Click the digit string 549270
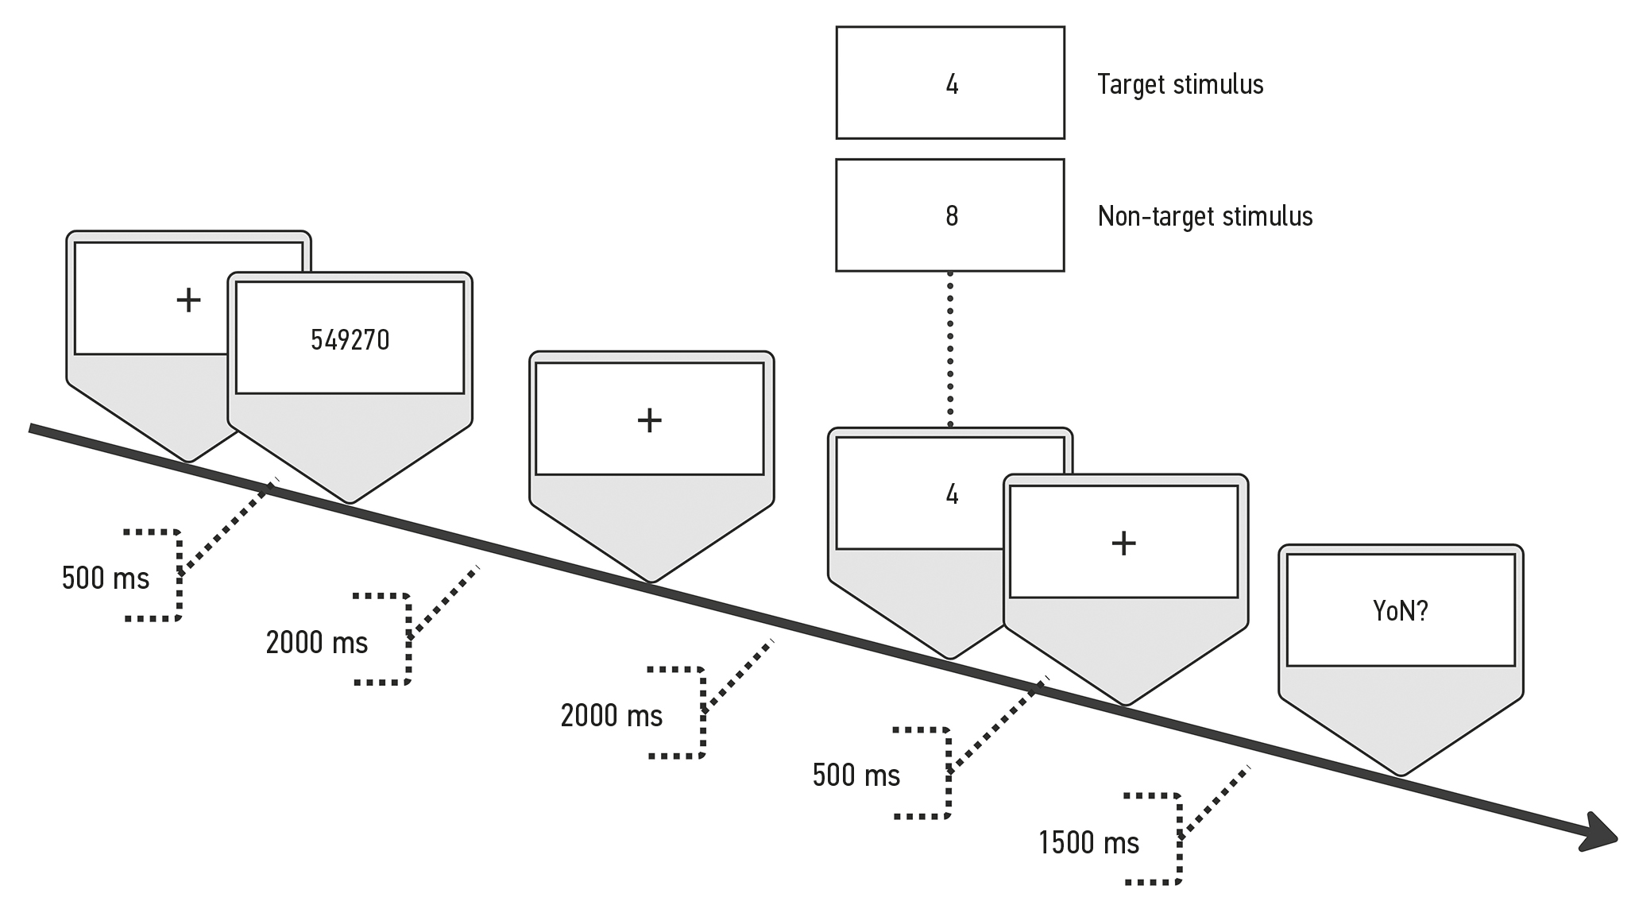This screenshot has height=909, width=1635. coord(350,340)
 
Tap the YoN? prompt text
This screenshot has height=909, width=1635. coord(1400,610)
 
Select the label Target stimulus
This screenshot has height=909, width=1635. coord(1180,84)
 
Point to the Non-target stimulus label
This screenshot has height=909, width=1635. coord(1204,216)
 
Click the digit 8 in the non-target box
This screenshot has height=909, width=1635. coord(951,216)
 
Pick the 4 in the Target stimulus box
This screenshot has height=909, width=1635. coord(952,84)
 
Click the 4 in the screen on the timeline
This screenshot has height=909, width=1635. coord(952,495)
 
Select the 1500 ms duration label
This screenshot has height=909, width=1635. coord(1088,842)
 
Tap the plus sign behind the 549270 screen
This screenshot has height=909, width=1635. coord(188,300)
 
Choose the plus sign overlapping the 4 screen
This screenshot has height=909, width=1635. coord(1123,543)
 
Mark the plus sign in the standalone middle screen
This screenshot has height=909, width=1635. coord(650,420)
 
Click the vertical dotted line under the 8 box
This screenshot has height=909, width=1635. coord(950,350)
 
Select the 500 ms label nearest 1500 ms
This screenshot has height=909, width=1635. coord(856,775)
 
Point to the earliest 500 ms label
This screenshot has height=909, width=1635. coord(105,578)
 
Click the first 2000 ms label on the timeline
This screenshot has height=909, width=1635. coord(316,642)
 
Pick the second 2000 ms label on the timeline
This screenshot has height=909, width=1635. coord(611,715)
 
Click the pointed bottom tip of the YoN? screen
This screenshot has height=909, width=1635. coord(1401,772)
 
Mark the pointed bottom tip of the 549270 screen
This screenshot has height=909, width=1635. coord(350,501)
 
